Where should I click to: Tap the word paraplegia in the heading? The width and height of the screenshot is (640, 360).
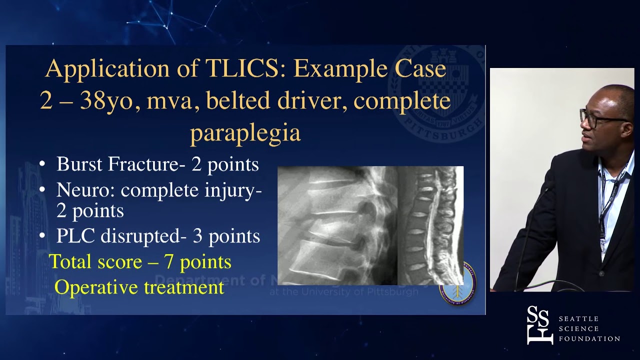click(x=245, y=132)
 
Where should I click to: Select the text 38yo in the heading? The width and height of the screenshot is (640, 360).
click(x=101, y=101)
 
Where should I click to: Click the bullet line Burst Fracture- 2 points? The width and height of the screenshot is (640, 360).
click(x=157, y=164)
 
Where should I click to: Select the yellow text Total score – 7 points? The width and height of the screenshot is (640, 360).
click(x=140, y=261)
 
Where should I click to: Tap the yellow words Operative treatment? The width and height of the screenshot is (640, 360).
click(x=139, y=287)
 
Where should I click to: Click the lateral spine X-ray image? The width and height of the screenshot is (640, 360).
click(x=337, y=225)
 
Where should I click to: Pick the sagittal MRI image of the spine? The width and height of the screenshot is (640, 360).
click(x=430, y=225)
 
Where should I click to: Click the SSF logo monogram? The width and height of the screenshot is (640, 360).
click(x=539, y=325)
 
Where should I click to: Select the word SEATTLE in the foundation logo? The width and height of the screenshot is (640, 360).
click(x=578, y=319)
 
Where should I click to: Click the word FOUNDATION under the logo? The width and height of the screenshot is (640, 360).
click(x=589, y=339)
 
